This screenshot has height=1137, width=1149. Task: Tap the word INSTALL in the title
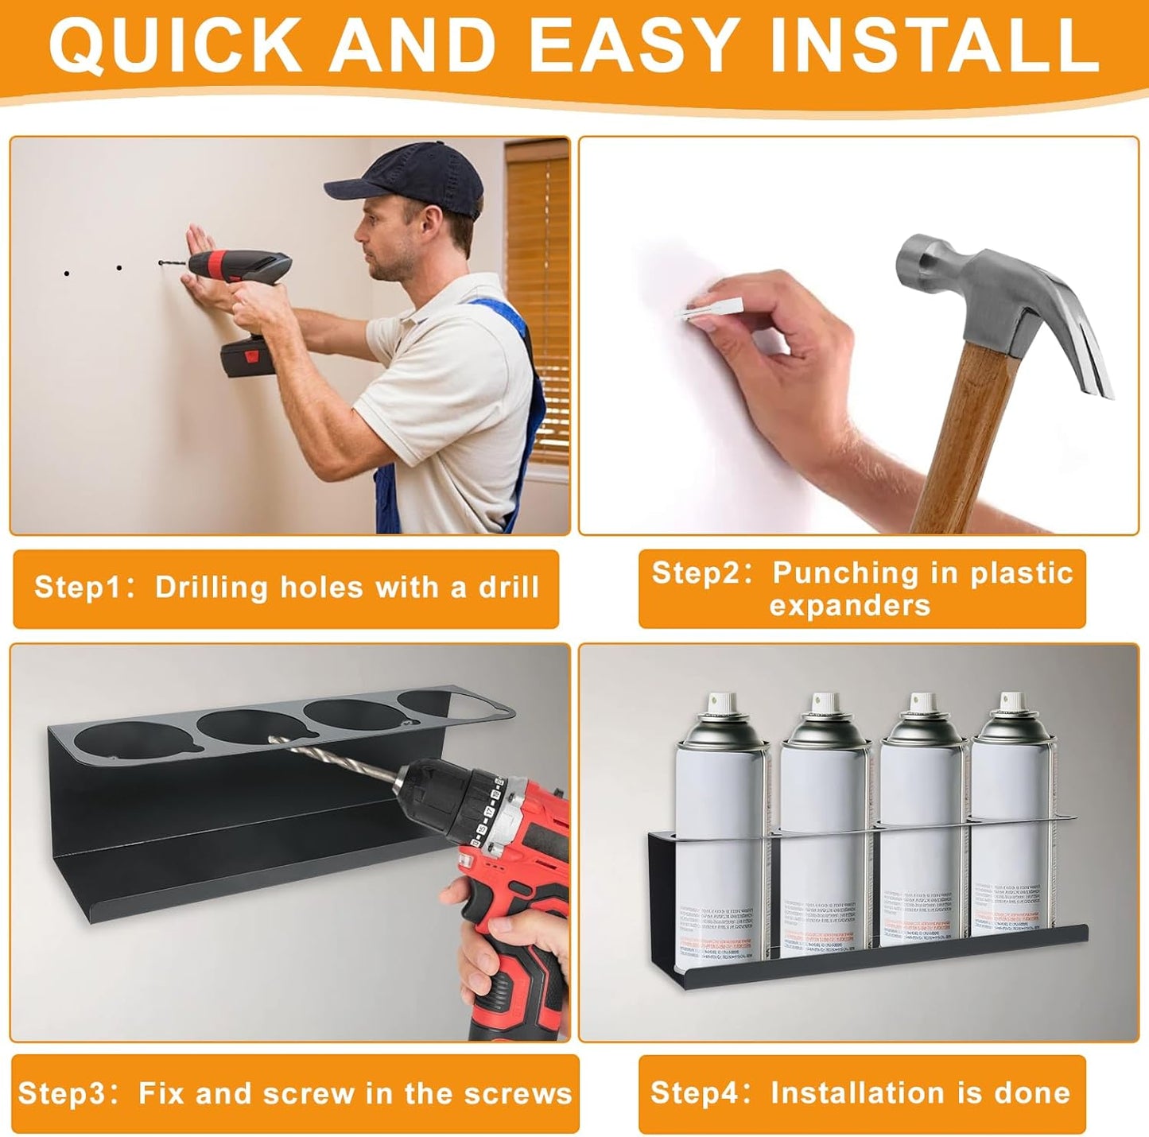(x=934, y=45)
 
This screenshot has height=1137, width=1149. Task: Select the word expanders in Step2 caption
(x=849, y=606)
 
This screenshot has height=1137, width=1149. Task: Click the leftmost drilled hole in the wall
(x=66, y=274)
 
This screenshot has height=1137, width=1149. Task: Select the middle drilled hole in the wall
(x=118, y=269)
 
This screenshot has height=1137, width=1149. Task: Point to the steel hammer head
(x=994, y=294)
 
